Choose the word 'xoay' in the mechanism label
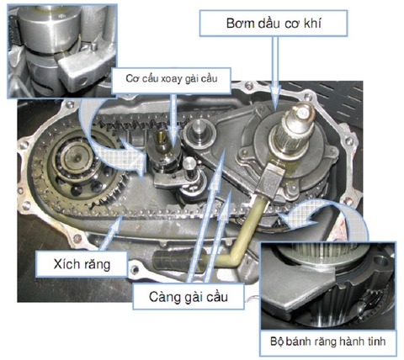[166, 77]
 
